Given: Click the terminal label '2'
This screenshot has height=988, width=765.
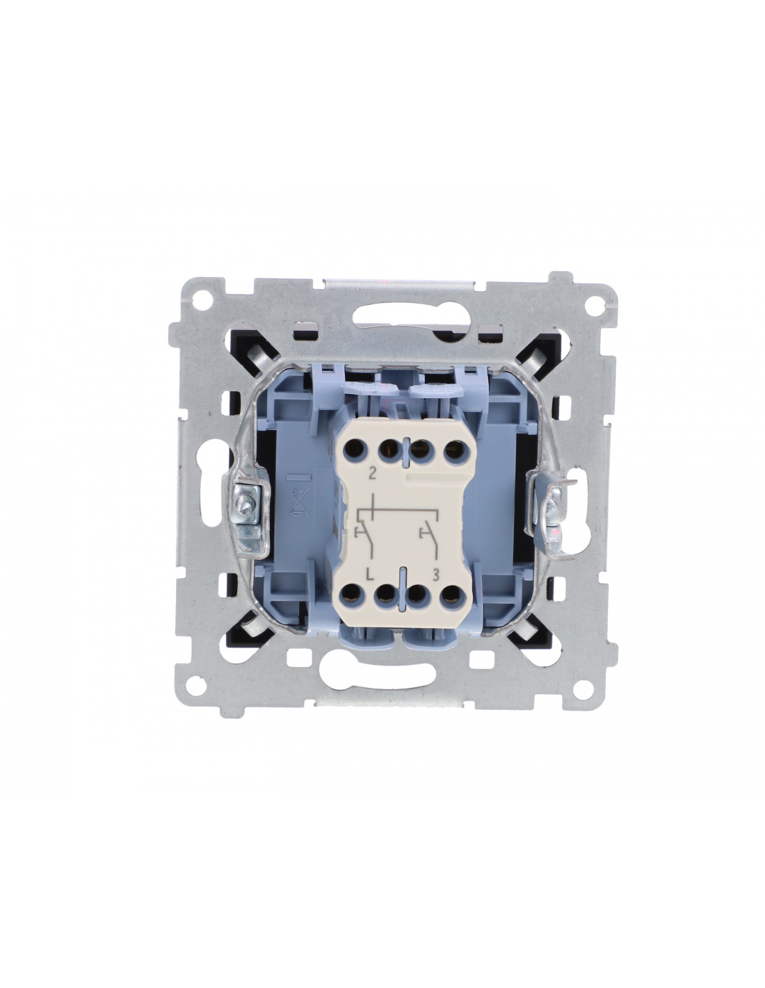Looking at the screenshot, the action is [x=373, y=475].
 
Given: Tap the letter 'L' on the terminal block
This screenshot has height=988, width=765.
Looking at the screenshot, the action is [x=371, y=575].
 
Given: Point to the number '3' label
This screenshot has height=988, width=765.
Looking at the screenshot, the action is [x=435, y=575].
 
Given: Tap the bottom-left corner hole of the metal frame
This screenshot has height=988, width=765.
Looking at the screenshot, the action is [x=195, y=686].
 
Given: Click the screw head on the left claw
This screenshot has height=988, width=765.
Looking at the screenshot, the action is [x=241, y=502].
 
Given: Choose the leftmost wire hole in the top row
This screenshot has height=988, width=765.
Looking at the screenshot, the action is [x=354, y=450].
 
